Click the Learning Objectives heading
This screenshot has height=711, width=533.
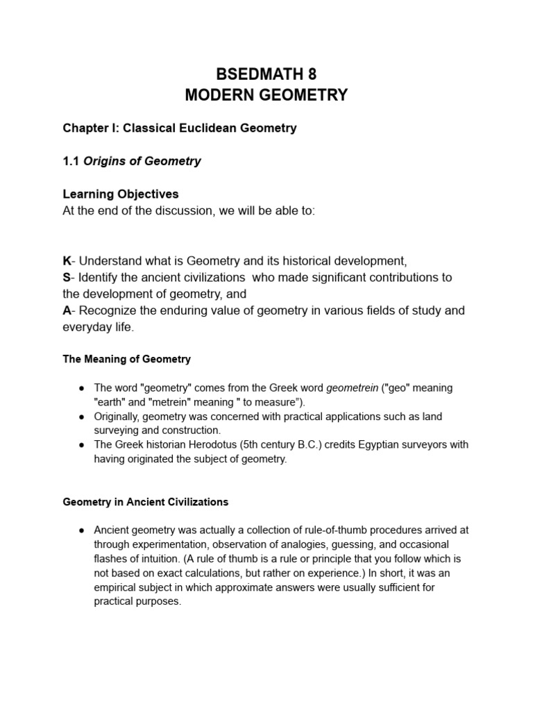(121, 194)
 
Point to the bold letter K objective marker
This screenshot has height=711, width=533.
(67, 261)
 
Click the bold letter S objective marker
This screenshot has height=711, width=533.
(67, 277)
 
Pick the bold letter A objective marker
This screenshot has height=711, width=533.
(67, 310)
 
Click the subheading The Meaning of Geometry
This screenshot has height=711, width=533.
(126, 359)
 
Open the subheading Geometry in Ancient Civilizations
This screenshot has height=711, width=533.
(145, 501)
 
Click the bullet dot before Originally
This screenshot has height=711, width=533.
(81, 417)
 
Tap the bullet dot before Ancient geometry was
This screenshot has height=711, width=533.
(81, 530)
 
